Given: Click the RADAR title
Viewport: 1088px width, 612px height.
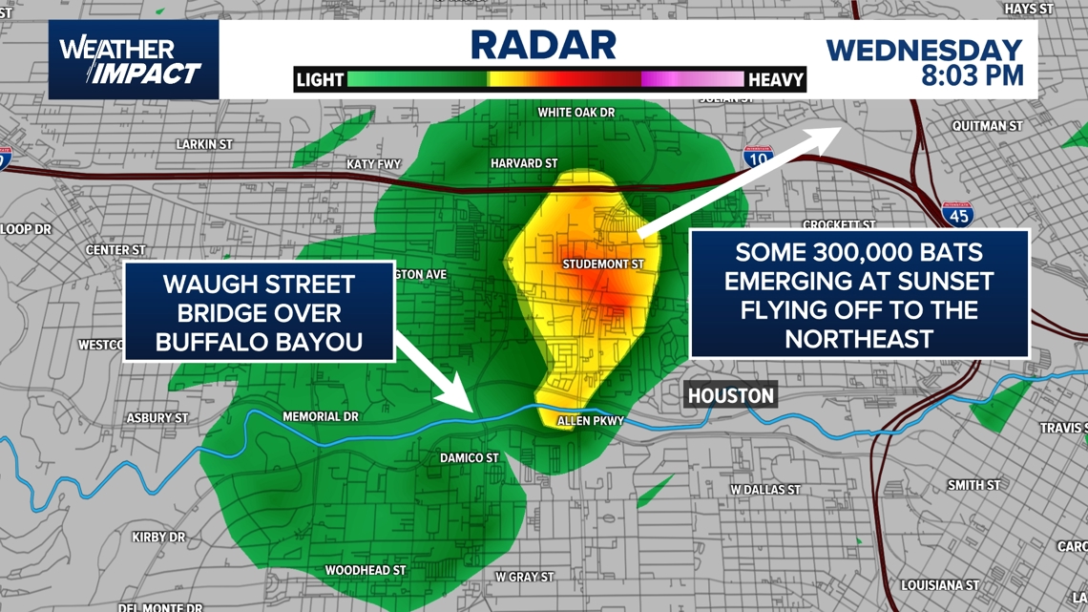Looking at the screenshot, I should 543,44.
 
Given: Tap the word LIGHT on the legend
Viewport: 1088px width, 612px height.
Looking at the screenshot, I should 320,80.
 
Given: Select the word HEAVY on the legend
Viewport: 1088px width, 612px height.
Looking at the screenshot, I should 775,80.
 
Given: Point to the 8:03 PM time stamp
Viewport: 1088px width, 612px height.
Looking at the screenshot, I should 972,75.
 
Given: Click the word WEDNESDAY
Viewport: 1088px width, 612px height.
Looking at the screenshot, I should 924,50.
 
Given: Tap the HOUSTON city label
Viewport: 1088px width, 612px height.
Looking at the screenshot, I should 730,395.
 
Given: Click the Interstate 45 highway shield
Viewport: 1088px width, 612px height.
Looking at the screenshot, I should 957,214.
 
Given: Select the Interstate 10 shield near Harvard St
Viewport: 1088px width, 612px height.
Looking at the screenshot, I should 758,158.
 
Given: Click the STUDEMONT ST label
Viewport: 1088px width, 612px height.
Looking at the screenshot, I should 603,264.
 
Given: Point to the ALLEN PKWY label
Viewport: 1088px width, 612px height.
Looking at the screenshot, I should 591,421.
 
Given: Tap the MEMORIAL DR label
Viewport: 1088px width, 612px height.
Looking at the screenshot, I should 321,416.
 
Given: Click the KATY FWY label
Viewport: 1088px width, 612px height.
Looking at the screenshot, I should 374,164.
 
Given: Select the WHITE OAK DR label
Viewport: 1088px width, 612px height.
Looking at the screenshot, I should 575,113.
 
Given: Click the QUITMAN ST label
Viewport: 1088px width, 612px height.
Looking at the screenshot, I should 988,126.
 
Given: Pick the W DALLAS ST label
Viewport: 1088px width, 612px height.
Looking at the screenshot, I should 764,490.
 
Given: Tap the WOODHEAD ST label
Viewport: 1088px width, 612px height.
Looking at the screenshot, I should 366,570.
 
